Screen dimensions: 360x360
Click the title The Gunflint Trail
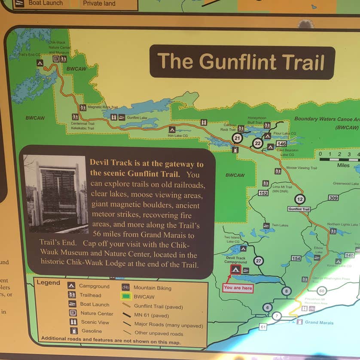(x=242, y=62)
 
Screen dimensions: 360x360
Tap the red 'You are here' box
(x=238, y=288)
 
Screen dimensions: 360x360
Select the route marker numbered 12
(x=300, y=199)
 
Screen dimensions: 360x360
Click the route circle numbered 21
(x=237, y=137)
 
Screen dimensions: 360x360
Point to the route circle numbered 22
(x=257, y=143)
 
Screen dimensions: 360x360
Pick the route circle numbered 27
(x=258, y=261)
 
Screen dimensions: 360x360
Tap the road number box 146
(x=281, y=143)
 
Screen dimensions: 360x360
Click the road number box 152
(x=263, y=193)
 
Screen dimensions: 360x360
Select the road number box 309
(x=333, y=198)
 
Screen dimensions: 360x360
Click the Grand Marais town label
(x=317, y=322)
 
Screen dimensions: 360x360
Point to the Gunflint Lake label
(x=137, y=117)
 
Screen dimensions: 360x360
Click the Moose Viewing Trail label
(x=301, y=168)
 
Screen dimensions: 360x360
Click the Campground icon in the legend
(x=71, y=286)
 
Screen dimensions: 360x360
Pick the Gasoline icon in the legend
(x=73, y=331)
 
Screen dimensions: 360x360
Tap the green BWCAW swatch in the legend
(x=125, y=296)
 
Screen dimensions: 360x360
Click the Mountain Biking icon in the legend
(x=125, y=287)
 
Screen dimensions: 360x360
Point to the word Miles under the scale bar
(x=343, y=165)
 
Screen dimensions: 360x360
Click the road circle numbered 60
(x=321, y=291)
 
